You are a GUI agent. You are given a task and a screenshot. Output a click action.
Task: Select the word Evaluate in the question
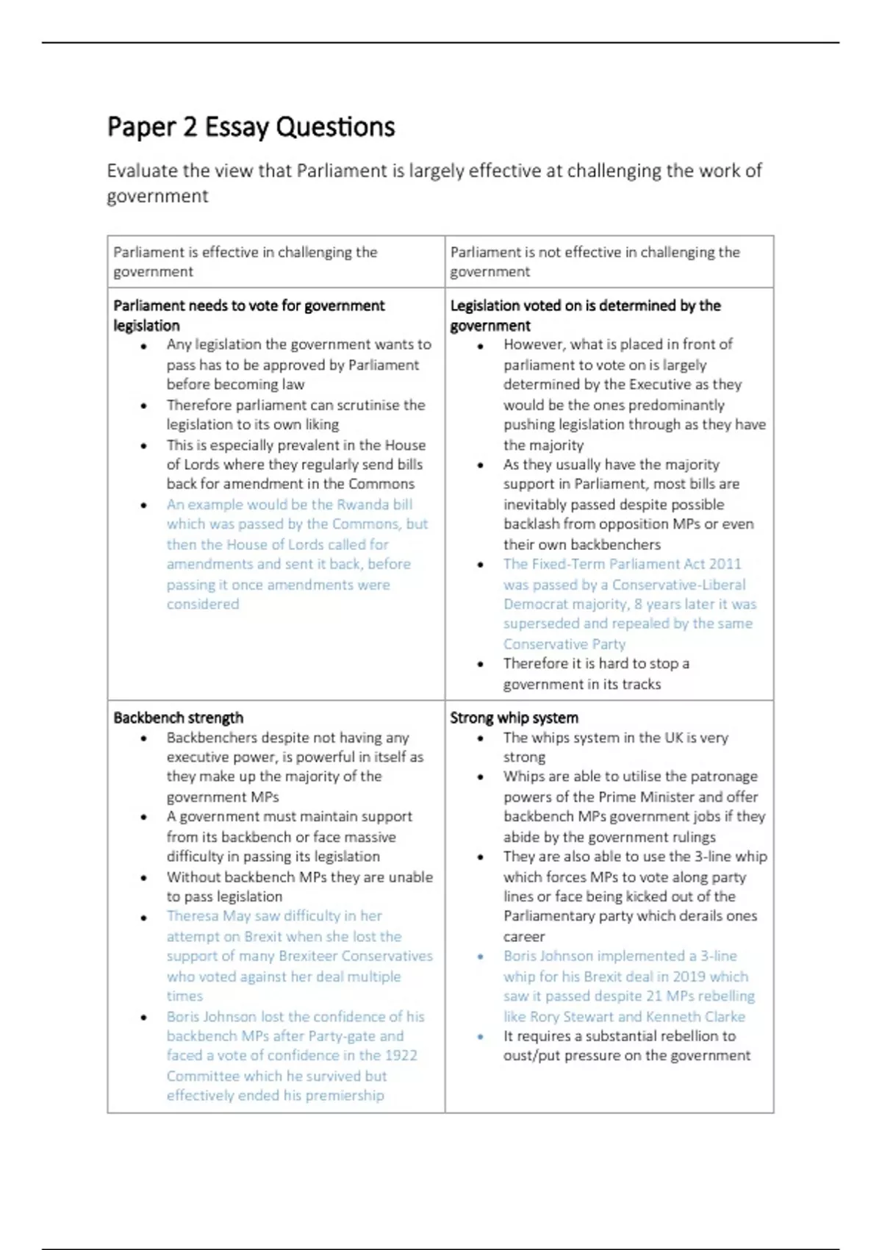click(142, 171)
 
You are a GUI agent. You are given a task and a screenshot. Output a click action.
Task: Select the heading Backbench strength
click(178, 718)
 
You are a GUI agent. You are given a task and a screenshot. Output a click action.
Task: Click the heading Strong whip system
click(514, 718)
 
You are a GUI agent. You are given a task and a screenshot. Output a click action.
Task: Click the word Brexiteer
click(307, 957)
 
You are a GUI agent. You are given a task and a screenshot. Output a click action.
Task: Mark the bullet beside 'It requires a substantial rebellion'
click(481, 1037)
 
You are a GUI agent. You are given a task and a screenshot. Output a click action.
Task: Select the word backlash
click(531, 524)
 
